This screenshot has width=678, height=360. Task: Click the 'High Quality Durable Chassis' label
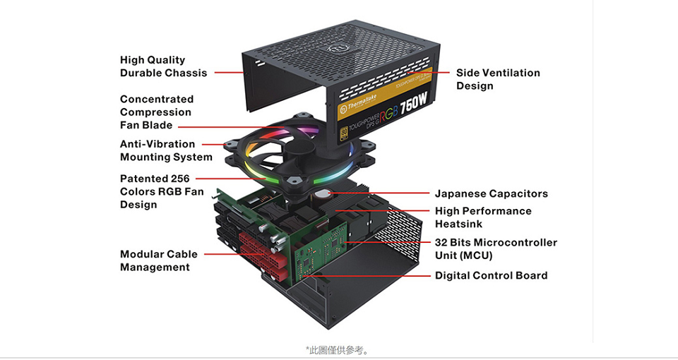pyautogui.click(x=163, y=66)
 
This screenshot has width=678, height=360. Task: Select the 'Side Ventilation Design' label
pyautogui.click(x=497, y=79)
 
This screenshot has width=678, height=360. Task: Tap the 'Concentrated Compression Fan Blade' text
pyautogui.click(x=156, y=112)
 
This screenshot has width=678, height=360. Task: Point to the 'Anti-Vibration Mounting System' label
pyautogui.click(x=165, y=150)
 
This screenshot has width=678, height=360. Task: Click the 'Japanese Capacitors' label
pyautogui.click(x=491, y=193)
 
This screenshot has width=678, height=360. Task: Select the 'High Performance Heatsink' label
pyautogui.click(x=483, y=217)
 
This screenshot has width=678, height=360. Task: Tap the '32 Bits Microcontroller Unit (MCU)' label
pyautogui.click(x=495, y=249)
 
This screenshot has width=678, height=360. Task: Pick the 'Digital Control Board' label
pyautogui.click(x=491, y=275)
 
